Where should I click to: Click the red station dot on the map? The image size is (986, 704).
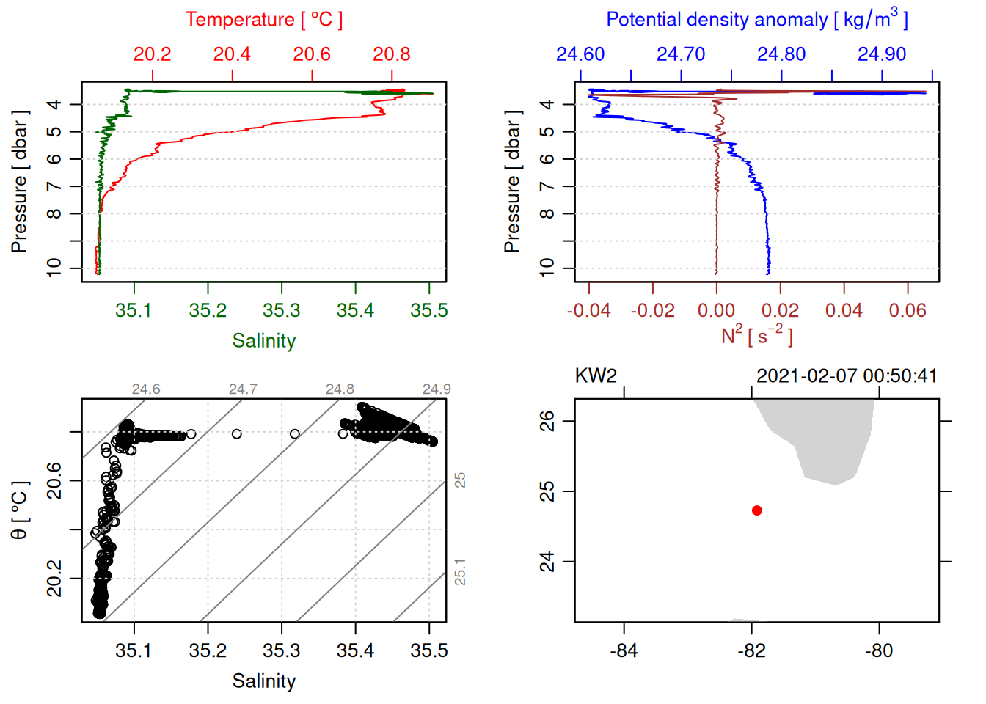[756, 510]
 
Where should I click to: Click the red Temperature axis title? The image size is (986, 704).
[263, 20]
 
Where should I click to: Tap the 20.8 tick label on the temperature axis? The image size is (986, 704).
[392, 54]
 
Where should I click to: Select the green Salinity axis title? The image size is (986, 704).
[263, 341]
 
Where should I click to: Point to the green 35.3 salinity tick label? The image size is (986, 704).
[282, 310]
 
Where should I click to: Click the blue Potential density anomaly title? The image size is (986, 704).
[756, 20]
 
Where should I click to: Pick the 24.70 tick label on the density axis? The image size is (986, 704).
[681, 54]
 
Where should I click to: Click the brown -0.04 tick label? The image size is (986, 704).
[588, 310]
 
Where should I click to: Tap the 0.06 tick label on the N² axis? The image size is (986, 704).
[908, 310]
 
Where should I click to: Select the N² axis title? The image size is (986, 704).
[756, 336]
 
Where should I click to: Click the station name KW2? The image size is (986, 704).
[596, 376]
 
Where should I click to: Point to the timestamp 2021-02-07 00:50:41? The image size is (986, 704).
[847, 376]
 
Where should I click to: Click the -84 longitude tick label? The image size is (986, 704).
[624, 650]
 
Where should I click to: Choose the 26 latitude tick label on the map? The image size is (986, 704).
[547, 421]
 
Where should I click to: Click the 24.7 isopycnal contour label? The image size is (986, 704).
[243, 389]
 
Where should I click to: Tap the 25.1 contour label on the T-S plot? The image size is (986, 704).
[460, 572]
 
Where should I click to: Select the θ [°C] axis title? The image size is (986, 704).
[20, 510]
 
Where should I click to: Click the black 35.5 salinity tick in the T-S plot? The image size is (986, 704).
[429, 650]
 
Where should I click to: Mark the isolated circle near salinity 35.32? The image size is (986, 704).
[295, 434]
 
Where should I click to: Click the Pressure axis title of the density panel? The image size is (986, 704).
[512, 182]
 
